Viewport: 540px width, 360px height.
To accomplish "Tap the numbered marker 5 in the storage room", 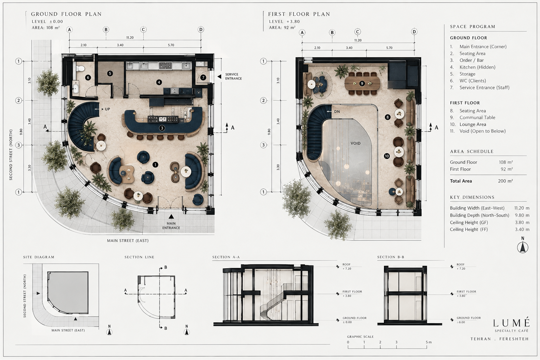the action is coord(110,73).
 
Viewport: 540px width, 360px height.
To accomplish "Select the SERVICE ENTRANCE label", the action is coord(233,76).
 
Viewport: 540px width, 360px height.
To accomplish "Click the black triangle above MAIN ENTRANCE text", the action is coord(171,216).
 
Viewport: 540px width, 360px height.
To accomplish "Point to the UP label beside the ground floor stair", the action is coord(108,109).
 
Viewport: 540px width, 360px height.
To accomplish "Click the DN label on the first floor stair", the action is coord(337,112).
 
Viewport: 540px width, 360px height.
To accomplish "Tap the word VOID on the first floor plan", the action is coord(355,143).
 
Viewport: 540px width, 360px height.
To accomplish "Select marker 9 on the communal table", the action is coord(362,83).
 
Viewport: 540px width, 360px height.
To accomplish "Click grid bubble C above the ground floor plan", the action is coord(143,30).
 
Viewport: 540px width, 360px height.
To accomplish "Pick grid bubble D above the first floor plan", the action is coord(414,32).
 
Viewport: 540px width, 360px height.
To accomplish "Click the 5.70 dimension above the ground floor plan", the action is coord(171,45).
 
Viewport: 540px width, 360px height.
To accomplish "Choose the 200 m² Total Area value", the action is coord(505,181).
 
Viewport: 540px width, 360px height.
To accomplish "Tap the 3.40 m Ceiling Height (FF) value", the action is coord(522,229).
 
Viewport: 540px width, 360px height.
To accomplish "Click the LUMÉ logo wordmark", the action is coord(511,323).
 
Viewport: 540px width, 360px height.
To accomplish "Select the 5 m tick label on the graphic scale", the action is coord(429,342).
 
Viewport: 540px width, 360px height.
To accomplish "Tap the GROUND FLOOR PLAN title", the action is coord(66,14).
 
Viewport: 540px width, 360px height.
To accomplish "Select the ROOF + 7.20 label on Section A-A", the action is coord(347,266).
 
